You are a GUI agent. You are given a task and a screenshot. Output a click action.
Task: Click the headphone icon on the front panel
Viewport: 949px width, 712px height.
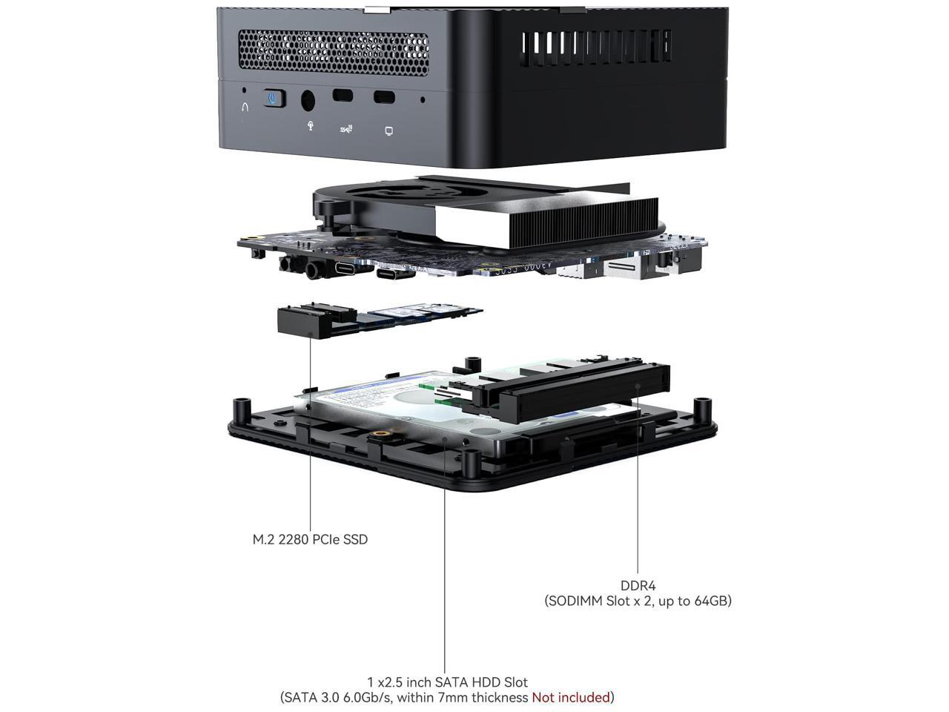245,106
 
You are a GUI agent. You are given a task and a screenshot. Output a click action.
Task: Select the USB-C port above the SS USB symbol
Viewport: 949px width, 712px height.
343,96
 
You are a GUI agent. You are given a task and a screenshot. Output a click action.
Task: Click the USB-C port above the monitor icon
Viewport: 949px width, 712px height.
384,97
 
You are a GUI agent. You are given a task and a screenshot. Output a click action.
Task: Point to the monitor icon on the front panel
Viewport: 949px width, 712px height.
388,131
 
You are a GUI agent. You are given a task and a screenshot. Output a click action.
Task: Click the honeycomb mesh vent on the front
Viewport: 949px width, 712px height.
333,53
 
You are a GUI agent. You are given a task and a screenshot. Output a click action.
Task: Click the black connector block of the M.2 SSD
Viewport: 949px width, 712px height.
303,321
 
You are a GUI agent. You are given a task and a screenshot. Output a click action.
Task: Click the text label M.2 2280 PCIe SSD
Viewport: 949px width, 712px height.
310,539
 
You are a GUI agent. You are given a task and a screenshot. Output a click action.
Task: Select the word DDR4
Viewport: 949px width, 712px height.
638,586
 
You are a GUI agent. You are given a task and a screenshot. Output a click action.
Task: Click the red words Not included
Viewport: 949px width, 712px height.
570,697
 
